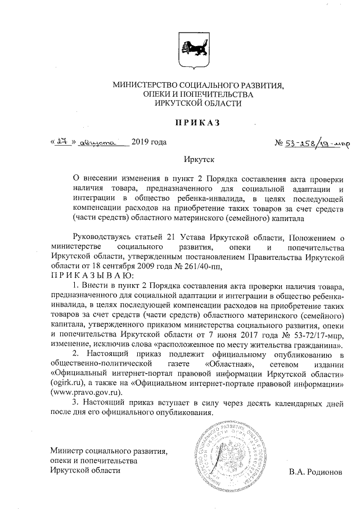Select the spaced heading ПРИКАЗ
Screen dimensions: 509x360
click(x=193, y=123)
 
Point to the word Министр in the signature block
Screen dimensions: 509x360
click(x=69, y=451)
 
